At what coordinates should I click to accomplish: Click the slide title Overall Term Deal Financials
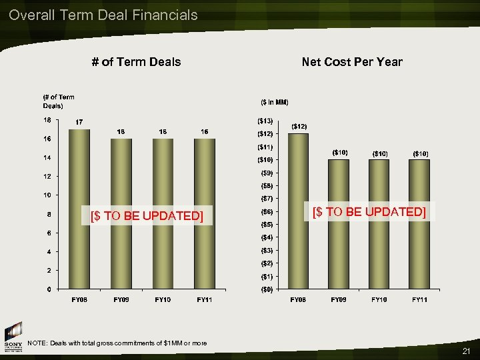[103, 15]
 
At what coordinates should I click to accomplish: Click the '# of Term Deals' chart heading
[136, 62]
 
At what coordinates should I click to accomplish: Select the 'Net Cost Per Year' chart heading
[352, 62]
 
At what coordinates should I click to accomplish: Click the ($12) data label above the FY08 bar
[299, 127]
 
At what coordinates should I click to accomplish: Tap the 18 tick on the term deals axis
[47, 121]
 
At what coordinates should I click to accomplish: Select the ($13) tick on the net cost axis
[265, 121]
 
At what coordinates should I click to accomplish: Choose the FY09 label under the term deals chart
[121, 300]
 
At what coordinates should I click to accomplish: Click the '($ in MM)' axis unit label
[274, 102]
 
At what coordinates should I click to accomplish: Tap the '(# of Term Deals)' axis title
[59, 101]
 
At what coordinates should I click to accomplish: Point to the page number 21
[466, 351]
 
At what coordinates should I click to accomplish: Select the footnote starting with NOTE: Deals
[117, 343]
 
